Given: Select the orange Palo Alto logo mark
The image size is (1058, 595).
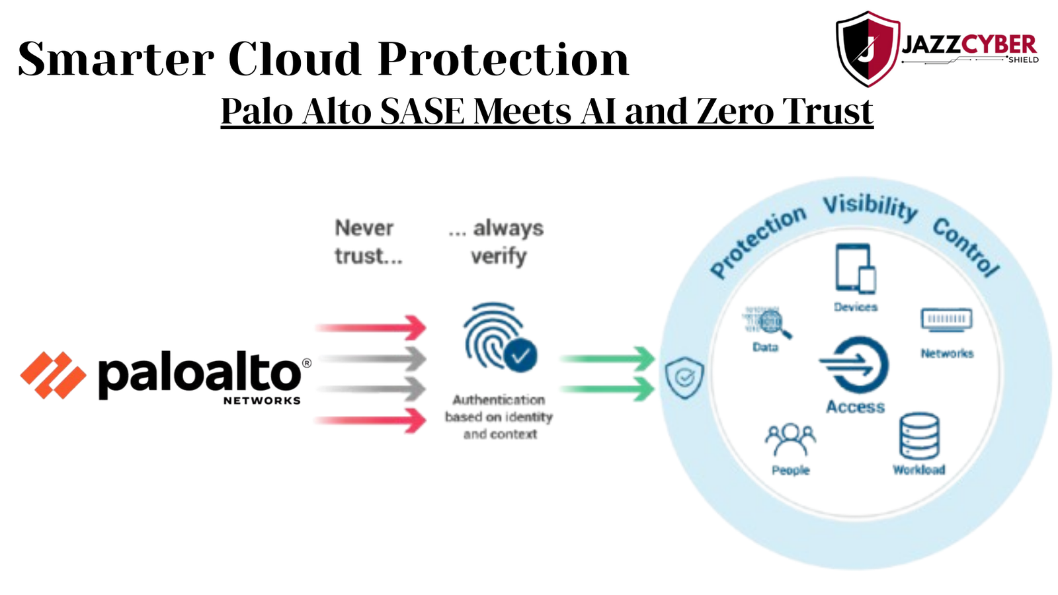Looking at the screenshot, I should click(53, 375).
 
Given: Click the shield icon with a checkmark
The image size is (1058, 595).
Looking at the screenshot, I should click(684, 377).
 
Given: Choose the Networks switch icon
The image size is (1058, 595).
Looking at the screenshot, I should click(946, 320).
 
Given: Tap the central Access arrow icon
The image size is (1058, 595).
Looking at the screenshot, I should click(855, 365).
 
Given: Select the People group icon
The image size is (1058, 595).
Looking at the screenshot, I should click(790, 439).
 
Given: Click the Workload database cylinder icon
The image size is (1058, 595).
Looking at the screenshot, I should click(919, 436).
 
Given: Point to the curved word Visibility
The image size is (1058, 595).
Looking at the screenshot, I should click(870, 206).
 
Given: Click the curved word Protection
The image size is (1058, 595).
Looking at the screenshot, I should click(757, 242).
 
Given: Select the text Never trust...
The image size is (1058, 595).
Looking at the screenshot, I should click(368, 242).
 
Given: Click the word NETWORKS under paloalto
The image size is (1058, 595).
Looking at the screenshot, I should click(262, 401).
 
